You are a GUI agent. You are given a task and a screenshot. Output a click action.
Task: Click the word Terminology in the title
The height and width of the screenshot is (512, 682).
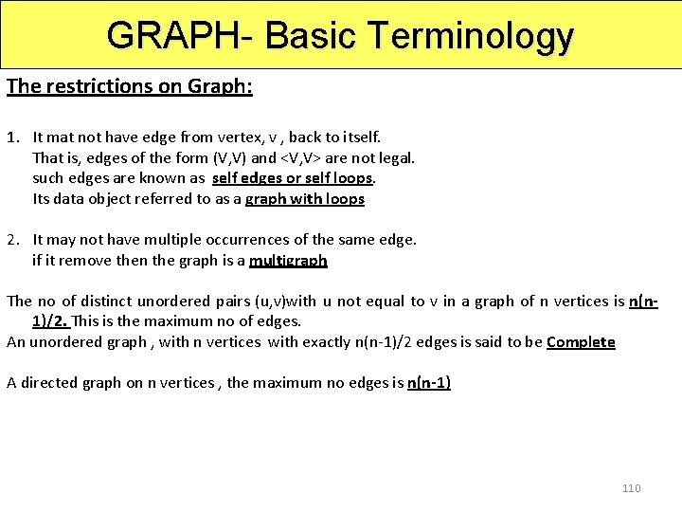(x=471, y=35)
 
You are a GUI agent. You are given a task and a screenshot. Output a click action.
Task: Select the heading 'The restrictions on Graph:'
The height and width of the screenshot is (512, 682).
(x=129, y=86)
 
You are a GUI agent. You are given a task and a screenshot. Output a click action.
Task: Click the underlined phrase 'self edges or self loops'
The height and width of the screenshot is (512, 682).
(x=294, y=178)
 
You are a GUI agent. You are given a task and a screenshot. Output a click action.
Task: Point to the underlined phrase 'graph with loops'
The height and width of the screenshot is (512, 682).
(x=304, y=199)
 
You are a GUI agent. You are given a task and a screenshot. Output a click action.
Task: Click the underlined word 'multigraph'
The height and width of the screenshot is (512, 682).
(x=288, y=260)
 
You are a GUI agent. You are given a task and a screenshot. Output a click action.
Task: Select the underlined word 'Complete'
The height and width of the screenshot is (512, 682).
(x=581, y=342)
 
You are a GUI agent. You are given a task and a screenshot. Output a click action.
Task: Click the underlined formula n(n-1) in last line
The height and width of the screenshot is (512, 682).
(x=428, y=383)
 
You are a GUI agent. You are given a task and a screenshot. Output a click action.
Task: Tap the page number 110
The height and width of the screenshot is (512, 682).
(x=631, y=488)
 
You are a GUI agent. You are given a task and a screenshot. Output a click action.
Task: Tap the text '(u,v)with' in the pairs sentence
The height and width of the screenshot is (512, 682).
(x=283, y=302)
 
